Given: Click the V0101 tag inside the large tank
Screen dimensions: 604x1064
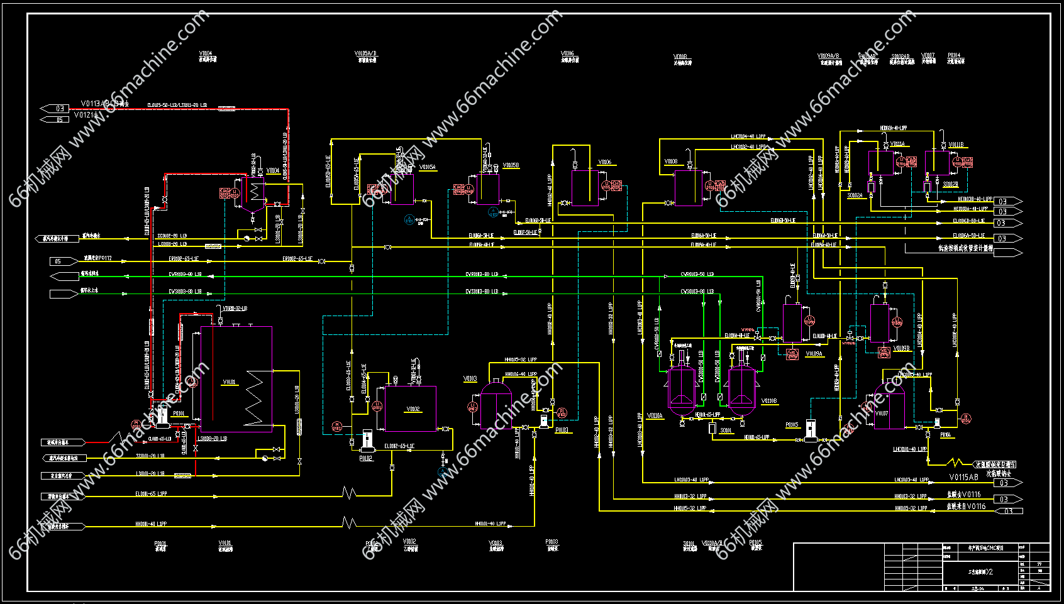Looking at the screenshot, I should (x=229, y=382).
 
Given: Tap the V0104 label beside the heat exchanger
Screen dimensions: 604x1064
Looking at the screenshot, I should (x=273, y=170).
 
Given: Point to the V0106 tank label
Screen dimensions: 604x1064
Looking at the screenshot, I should (x=604, y=162).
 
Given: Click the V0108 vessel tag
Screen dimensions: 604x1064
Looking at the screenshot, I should (x=671, y=162).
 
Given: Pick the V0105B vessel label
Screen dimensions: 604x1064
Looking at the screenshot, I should (x=511, y=165).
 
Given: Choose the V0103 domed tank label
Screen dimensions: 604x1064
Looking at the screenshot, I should (x=470, y=379).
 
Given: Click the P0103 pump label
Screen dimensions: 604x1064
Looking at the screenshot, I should (x=562, y=431).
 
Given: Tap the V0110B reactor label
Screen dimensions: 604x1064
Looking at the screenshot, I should (x=768, y=400).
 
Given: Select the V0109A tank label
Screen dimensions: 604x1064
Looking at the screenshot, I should (x=814, y=354).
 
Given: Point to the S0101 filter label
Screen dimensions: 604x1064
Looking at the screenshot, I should (x=726, y=431).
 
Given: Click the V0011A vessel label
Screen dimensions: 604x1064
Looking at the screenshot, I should (x=897, y=144).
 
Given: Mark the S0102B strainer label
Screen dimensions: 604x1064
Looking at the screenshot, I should (x=950, y=185).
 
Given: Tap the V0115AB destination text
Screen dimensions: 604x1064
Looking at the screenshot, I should (x=963, y=477).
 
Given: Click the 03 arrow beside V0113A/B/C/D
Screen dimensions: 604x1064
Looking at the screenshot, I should (x=57, y=109).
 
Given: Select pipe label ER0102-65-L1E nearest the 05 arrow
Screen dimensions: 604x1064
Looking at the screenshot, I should (x=183, y=259).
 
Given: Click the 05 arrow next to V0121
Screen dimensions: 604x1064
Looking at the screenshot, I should (x=57, y=119).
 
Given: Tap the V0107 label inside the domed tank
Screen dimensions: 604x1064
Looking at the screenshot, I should (x=882, y=414).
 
